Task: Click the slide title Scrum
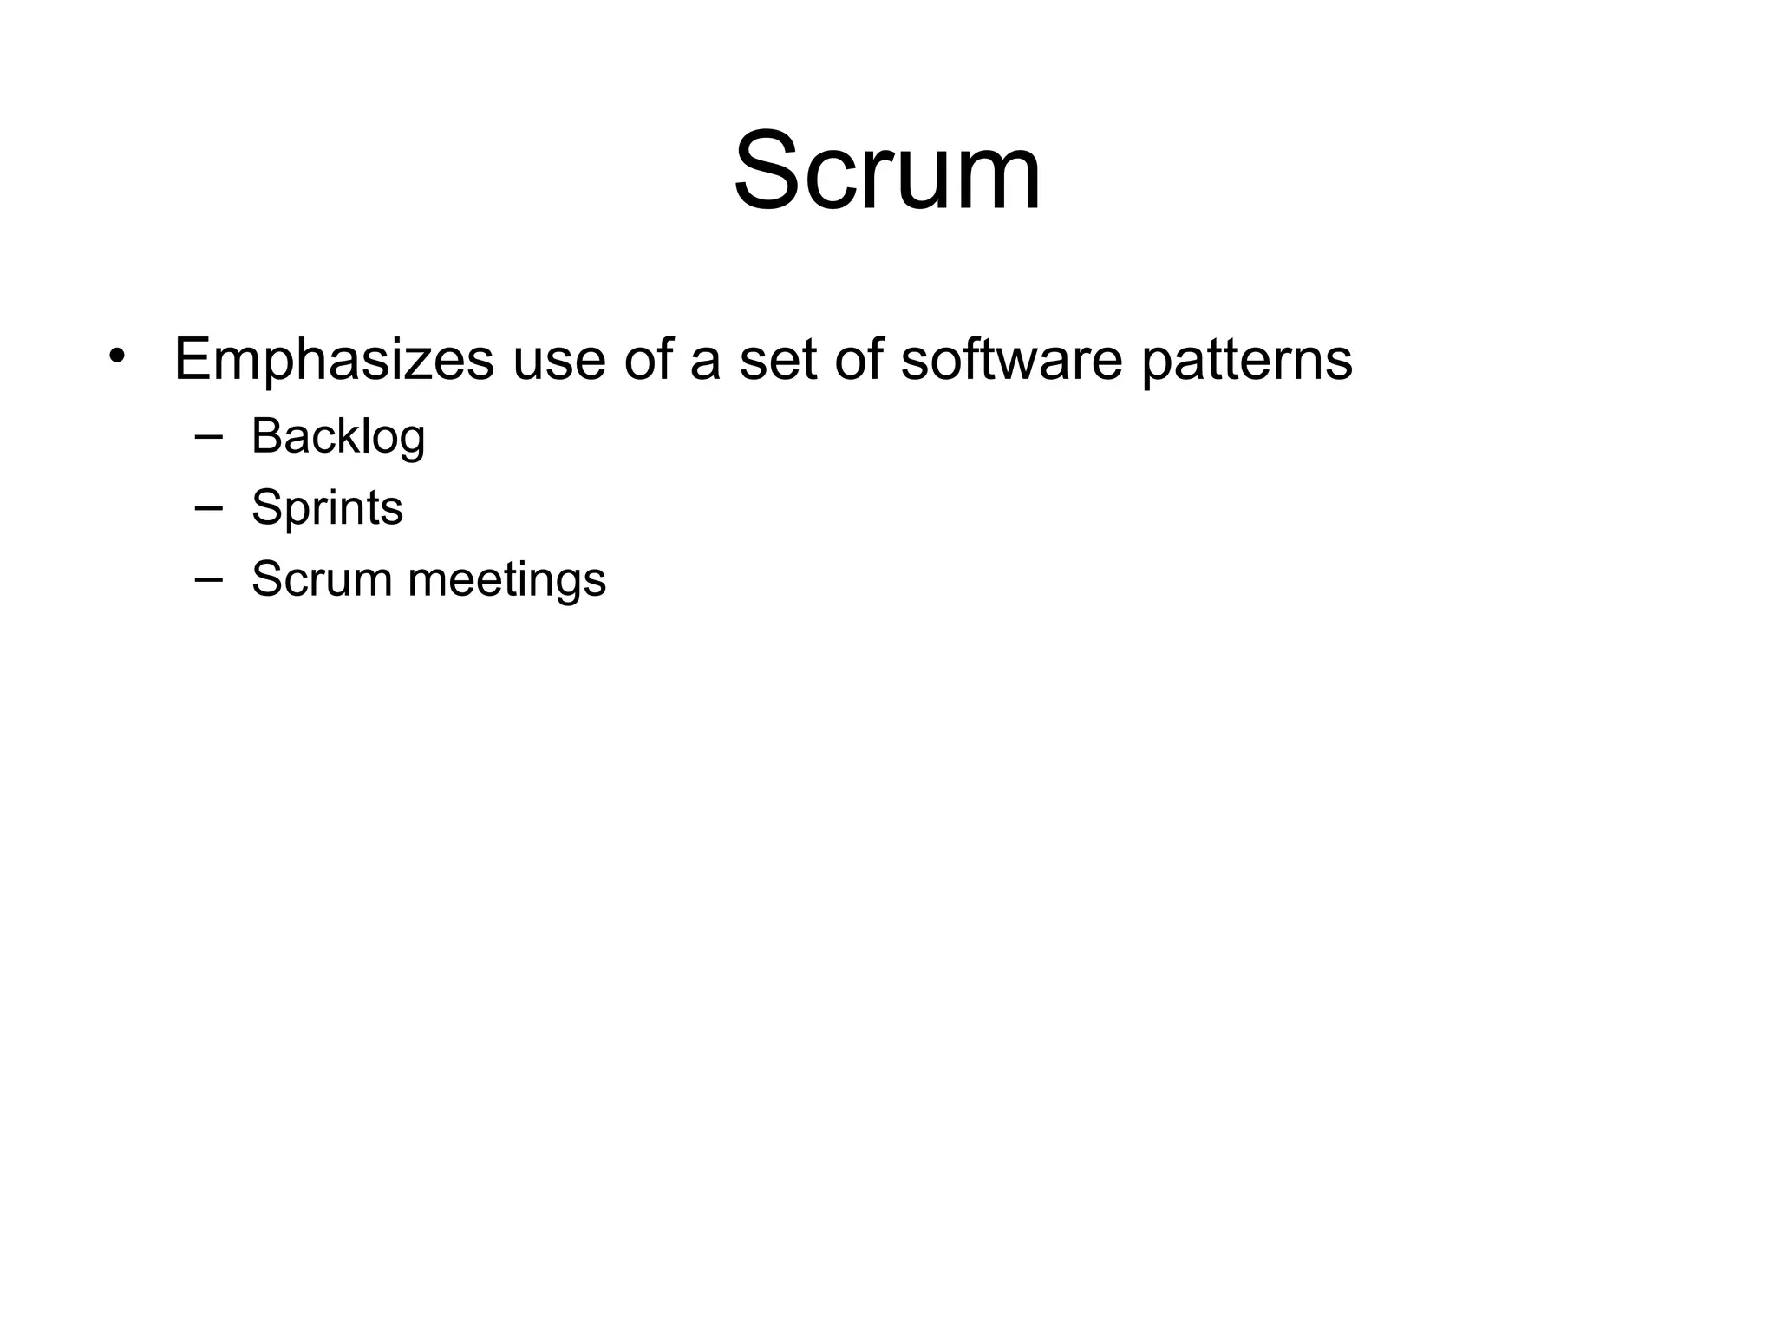pos(887,170)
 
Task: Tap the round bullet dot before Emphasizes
pos(118,356)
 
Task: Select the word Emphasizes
pos(334,359)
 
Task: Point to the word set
pos(778,359)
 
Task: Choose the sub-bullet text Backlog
pos(338,436)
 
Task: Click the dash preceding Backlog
pos(208,436)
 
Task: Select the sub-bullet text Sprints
pos(327,508)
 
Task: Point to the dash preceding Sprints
pos(208,507)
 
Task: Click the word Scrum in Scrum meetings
pos(322,578)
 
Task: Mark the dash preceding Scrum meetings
pos(208,578)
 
